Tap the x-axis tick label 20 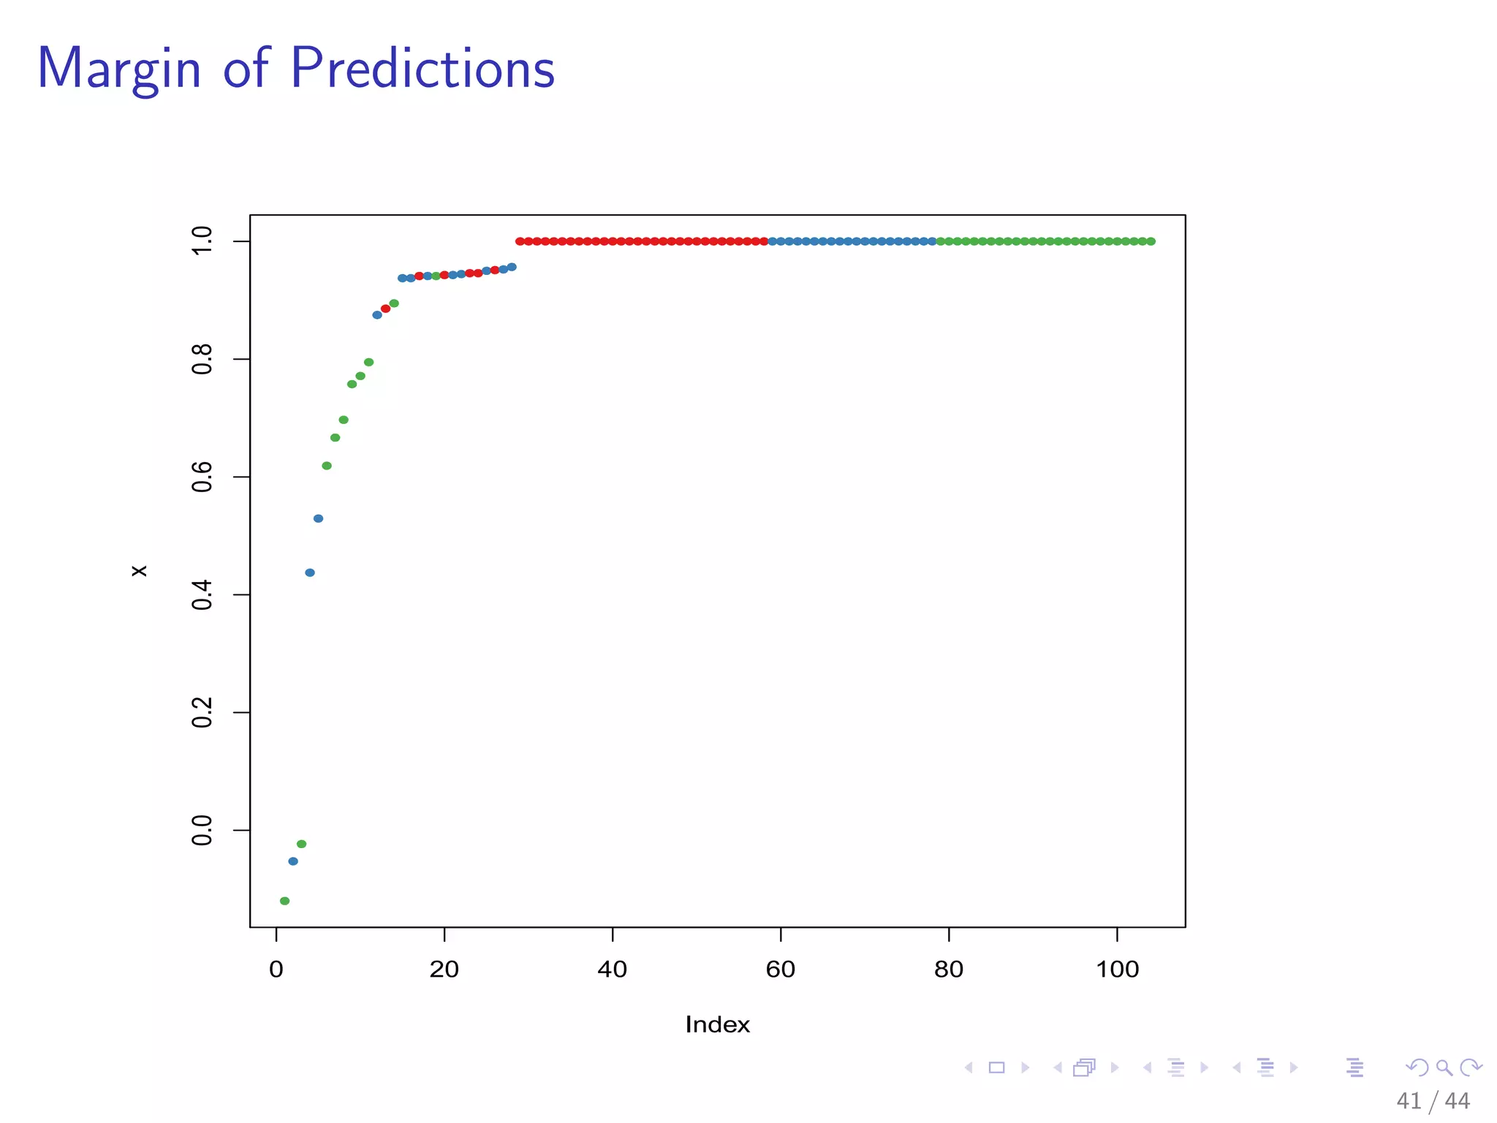pyautogui.click(x=444, y=969)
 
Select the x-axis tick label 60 pyautogui.click(x=780, y=969)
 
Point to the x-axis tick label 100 pyautogui.click(x=1117, y=969)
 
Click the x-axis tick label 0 pyautogui.click(x=276, y=969)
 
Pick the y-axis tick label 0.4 pyautogui.click(x=202, y=594)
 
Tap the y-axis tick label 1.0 pyautogui.click(x=202, y=241)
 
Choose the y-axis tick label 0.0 pyautogui.click(x=202, y=831)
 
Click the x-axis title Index pyautogui.click(x=717, y=1024)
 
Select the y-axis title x pyautogui.click(x=139, y=571)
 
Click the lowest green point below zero pyautogui.click(x=284, y=901)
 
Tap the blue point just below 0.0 pyautogui.click(x=293, y=861)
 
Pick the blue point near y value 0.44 pyautogui.click(x=310, y=572)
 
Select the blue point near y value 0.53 pyautogui.click(x=318, y=518)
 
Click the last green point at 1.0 pyautogui.click(x=1151, y=241)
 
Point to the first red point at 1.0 pyautogui.click(x=520, y=241)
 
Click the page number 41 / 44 pyautogui.click(x=1432, y=1101)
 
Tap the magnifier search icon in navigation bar pyautogui.click(x=1444, y=1067)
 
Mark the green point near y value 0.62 pyautogui.click(x=327, y=466)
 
